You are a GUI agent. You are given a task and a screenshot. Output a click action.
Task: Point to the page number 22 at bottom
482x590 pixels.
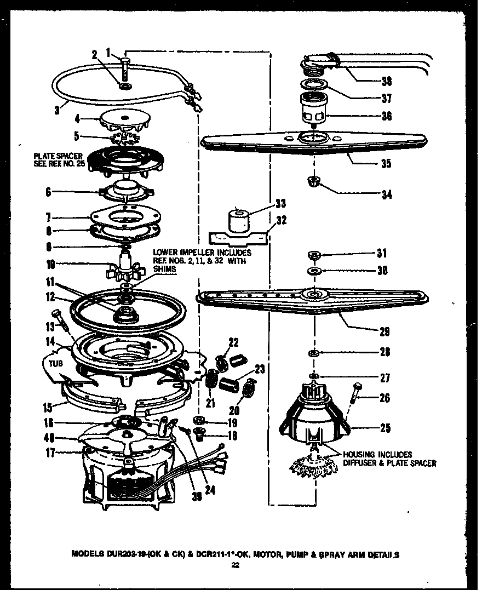[236, 565]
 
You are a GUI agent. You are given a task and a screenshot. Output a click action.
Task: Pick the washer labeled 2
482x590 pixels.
[126, 87]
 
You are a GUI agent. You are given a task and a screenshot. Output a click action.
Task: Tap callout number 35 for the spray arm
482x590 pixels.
[387, 163]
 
